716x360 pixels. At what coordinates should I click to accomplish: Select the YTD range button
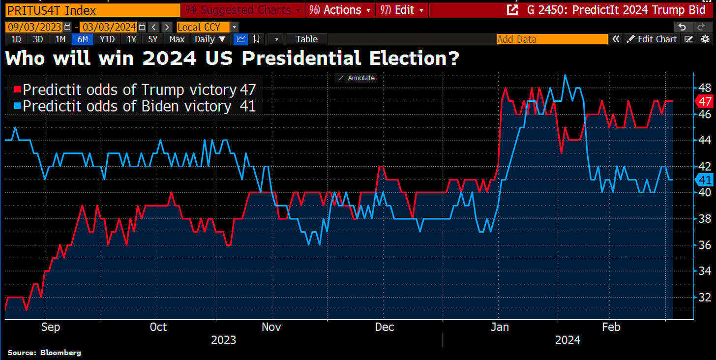click(x=107, y=39)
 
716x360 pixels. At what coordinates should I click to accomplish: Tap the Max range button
click(x=177, y=39)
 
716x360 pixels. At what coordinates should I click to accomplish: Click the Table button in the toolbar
click(x=307, y=39)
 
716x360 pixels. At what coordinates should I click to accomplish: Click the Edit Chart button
click(x=652, y=39)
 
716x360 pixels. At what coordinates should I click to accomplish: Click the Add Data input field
click(x=552, y=39)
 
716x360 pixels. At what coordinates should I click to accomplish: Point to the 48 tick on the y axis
click(x=704, y=88)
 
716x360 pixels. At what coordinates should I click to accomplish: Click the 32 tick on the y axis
click(x=704, y=297)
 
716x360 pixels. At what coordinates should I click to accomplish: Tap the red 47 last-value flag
click(x=705, y=101)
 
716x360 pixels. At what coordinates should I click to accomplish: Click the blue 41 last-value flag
click(x=705, y=180)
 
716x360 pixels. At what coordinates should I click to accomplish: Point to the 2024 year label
click(x=567, y=340)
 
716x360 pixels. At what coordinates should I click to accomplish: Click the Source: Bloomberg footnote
click(x=44, y=353)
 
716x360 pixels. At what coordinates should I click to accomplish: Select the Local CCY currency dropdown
click(x=207, y=27)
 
